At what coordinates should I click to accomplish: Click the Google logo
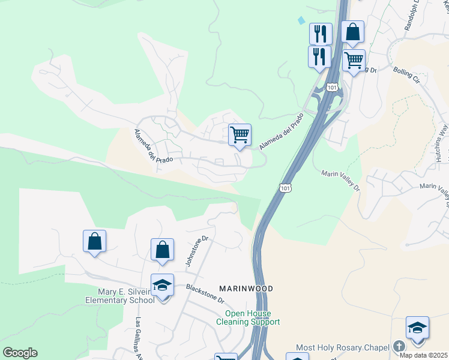pyautogui.click(x=20, y=353)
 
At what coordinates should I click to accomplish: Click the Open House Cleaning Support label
pyautogui.click(x=248, y=318)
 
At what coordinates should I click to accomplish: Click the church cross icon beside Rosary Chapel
pyautogui.click(x=399, y=347)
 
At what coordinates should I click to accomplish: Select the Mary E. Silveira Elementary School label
pyautogui.click(x=120, y=295)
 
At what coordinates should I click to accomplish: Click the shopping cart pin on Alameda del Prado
pyautogui.click(x=240, y=135)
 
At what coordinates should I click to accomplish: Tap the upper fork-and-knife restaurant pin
pyautogui.click(x=321, y=34)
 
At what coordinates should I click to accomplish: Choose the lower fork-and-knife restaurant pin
pyautogui.click(x=319, y=56)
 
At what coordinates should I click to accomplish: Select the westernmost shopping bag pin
pyautogui.click(x=95, y=241)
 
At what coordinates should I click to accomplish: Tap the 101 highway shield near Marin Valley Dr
pyautogui.click(x=286, y=188)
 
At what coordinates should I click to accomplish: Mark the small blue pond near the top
pyautogui.click(x=301, y=20)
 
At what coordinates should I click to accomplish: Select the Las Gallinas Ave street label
pyautogui.click(x=140, y=338)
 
